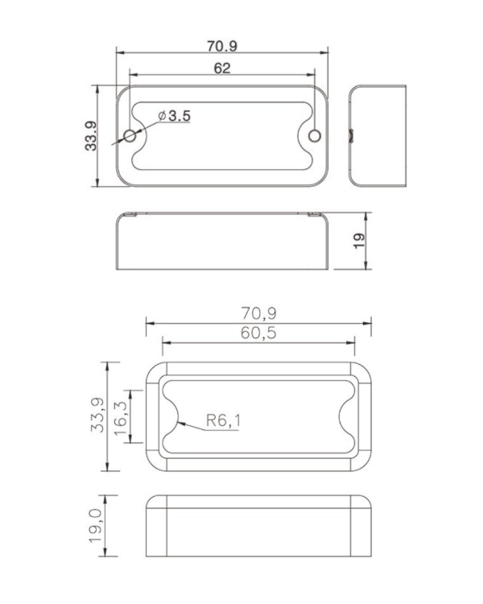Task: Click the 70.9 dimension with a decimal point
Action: point(222,46)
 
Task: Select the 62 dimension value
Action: point(222,68)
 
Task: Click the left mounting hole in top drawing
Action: point(130,134)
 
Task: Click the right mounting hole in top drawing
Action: point(315,134)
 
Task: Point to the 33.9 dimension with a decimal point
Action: point(90,135)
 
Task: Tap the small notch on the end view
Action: point(351,134)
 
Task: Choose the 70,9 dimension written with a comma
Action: point(259,312)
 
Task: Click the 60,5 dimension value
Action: point(259,333)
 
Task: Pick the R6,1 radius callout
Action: point(222,420)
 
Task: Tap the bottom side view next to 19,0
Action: point(259,526)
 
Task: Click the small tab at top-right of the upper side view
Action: point(315,214)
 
